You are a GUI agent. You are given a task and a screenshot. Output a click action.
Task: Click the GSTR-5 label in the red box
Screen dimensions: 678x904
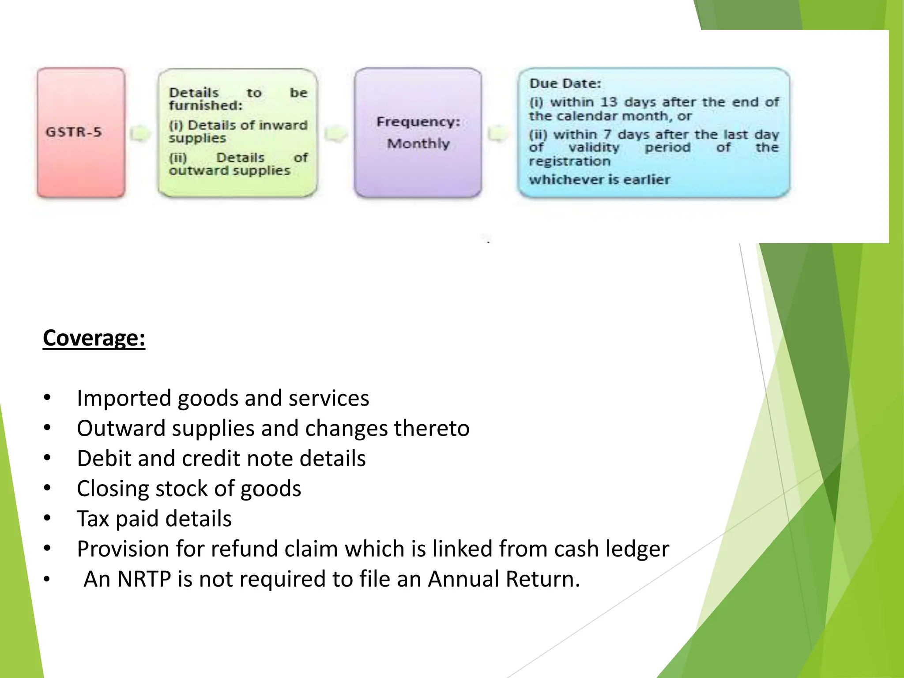pyautogui.click(x=74, y=132)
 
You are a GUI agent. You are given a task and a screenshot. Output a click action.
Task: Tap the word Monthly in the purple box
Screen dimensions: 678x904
pyautogui.click(x=418, y=143)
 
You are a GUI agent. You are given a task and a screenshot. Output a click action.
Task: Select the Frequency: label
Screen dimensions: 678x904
pyautogui.click(x=418, y=122)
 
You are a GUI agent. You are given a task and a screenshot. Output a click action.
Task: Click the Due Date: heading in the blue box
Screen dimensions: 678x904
pyautogui.click(x=565, y=83)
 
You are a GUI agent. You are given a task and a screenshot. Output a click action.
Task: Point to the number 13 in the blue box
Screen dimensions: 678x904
pyautogui.click(x=608, y=102)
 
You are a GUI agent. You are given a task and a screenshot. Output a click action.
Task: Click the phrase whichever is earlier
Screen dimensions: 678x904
pyautogui.click(x=599, y=180)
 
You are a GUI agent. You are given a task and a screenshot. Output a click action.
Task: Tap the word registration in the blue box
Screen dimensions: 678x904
pyautogui.click(x=569, y=161)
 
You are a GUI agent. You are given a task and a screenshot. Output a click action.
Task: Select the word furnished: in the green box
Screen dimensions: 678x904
pyautogui.click(x=206, y=105)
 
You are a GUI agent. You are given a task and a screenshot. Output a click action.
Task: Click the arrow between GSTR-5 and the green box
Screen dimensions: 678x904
pyautogui.click(x=141, y=133)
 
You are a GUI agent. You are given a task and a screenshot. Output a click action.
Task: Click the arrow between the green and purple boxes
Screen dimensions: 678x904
pyautogui.click(x=335, y=133)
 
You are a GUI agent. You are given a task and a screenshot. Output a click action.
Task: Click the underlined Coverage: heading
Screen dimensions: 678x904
pyautogui.click(x=94, y=338)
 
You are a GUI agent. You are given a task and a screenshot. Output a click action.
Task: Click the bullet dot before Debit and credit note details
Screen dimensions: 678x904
pyautogui.click(x=47, y=458)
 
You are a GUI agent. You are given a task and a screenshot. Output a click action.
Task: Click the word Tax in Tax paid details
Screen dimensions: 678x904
pyautogui.click(x=93, y=519)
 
